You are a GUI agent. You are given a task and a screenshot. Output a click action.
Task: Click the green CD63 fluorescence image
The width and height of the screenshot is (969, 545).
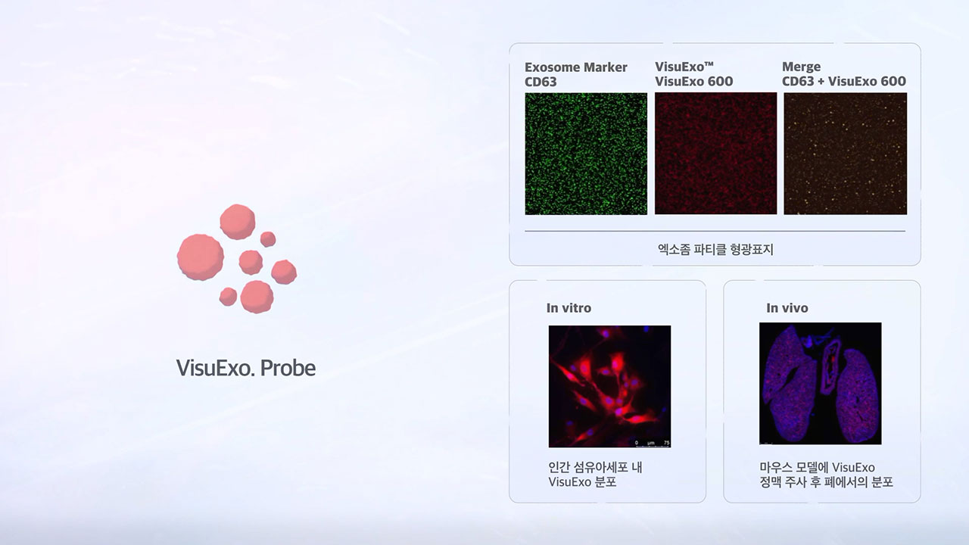[x=586, y=154]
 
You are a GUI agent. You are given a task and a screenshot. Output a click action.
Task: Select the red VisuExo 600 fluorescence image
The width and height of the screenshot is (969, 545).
[x=715, y=153]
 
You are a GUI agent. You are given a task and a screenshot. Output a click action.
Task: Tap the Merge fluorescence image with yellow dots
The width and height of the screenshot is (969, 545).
[x=846, y=154]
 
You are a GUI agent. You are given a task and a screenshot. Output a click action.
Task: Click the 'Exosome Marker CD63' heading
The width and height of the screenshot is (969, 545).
[x=576, y=74]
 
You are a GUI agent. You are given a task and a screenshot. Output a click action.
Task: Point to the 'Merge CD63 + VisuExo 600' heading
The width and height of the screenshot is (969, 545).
[x=843, y=74]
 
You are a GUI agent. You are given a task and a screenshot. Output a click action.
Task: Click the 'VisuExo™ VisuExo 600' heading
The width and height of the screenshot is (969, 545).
[x=694, y=74]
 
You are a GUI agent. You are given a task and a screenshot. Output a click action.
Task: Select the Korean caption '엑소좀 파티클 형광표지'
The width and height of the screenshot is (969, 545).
[x=715, y=249]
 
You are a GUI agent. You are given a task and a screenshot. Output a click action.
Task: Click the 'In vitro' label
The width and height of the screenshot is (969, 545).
[x=569, y=308]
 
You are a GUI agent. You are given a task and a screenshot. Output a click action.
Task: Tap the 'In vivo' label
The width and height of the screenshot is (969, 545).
[x=787, y=308]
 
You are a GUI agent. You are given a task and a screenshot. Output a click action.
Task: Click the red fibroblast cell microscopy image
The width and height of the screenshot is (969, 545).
[x=609, y=386]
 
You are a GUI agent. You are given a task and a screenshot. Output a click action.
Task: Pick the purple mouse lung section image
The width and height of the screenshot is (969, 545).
[x=820, y=383]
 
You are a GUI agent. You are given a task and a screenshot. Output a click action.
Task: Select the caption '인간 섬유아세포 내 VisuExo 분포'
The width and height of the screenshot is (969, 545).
[x=595, y=475]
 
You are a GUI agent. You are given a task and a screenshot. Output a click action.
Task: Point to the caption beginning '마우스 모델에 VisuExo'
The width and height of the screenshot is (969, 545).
[x=826, y=475]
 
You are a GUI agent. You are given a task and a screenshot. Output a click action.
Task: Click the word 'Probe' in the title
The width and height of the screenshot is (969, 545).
[x=288, y=368]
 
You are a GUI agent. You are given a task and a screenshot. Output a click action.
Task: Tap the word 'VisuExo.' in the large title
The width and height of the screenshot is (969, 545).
[x=214, y=368]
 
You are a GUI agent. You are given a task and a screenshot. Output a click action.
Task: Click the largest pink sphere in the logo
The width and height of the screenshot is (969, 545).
[x=201, y=257]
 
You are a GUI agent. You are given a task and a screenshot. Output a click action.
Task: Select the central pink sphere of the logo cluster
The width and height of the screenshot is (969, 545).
[x=251, y=262]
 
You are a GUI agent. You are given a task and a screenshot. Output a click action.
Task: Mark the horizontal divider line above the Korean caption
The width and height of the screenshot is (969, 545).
[x=715, y=231]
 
